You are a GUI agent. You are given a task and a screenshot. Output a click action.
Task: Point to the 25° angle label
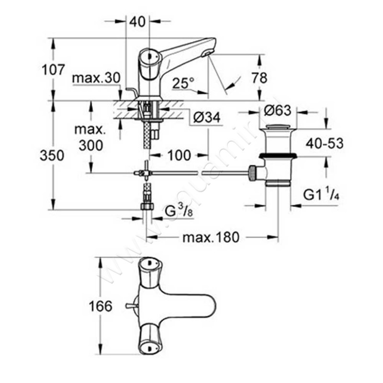point(183,84)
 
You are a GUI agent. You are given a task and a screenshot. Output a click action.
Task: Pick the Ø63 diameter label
point(277,111)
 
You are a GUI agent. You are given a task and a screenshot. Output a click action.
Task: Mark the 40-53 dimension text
point(325,143)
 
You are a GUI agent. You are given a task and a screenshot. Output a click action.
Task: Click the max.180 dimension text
point(210,237)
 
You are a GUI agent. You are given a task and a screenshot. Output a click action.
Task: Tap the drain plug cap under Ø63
point(277,128)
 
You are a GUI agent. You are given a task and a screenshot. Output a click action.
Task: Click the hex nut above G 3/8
point(147,207)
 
